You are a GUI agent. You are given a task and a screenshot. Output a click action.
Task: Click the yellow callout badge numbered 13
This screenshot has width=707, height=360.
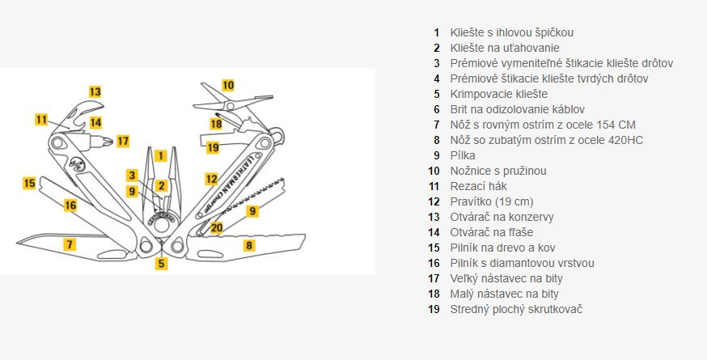[95, 91]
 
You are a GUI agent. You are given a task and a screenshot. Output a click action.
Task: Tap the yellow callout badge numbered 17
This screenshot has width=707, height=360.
[122, 141]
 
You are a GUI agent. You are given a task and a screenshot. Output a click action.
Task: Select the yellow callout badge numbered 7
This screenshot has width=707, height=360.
[70, 244]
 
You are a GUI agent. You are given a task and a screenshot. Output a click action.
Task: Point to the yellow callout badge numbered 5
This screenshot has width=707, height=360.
[162, 263]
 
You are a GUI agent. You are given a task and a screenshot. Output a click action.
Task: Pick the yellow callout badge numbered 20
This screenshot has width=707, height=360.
[217, 227]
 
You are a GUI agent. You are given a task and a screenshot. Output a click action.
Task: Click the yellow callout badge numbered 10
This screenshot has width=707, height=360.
[228, 85]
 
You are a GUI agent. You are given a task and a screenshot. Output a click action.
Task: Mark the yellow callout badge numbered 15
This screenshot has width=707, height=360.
[29, 183]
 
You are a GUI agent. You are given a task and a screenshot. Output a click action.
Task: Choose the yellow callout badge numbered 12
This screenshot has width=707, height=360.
[211, 179]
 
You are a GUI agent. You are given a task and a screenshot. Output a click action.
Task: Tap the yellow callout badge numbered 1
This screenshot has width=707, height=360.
[161, 155]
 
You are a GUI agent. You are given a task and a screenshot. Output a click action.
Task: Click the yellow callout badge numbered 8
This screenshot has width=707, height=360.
[249, 244]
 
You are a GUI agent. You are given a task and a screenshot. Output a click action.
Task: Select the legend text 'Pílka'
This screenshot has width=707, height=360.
[463, 155]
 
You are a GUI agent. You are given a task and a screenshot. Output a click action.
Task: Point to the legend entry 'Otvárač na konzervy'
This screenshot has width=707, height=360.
[502, 217]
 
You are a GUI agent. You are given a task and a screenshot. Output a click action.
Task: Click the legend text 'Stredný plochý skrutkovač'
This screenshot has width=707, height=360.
[516, 309]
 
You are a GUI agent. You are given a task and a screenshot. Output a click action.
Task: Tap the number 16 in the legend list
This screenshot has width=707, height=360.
[434, 263]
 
